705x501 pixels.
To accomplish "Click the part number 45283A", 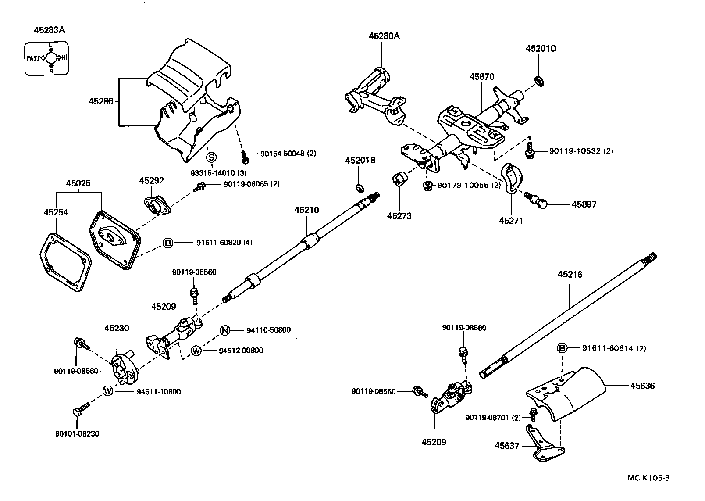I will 49,30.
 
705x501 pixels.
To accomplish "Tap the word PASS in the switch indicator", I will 33,58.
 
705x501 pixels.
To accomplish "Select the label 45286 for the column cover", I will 101,101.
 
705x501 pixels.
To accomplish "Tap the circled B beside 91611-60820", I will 168,243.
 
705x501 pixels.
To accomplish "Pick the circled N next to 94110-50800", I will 225,330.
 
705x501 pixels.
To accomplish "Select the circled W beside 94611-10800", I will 108,391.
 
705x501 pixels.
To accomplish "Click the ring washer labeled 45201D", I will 539,80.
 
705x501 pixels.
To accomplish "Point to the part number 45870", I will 482,76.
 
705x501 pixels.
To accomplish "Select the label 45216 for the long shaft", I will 570,275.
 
